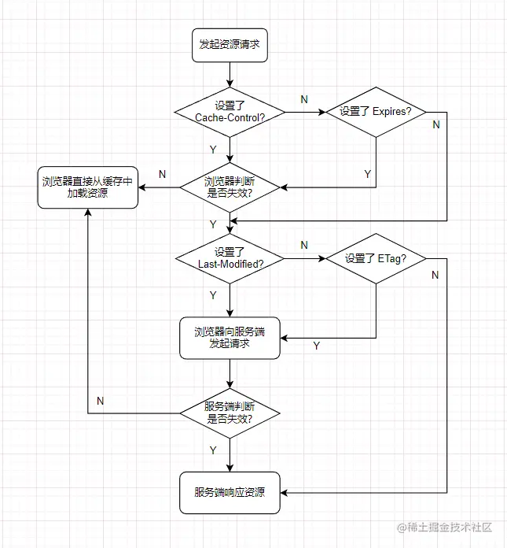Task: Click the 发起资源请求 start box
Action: [230, 46]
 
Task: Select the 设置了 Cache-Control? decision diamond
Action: [230, 111]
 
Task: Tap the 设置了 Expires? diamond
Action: [376, 112]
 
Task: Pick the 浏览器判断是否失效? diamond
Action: [230, 187]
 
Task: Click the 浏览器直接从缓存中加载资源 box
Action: [88, 187]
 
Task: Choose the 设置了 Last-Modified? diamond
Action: [230, 257]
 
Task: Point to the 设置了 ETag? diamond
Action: [376, 258]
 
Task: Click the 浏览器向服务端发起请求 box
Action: [230, 338]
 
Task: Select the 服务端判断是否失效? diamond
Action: [230, 413]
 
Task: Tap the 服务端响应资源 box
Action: [230, 493]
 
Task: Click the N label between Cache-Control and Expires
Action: [304, 98]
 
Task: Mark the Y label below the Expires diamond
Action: [367, 173]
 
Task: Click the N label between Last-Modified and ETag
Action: [304, 245]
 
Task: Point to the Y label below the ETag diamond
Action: [317, 346]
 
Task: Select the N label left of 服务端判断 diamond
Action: [101, 400]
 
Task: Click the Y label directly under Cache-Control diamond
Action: [213, 149]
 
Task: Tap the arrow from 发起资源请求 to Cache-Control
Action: [230, 73]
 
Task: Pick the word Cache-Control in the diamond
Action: [230, 117]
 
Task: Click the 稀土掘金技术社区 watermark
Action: [450, 527]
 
